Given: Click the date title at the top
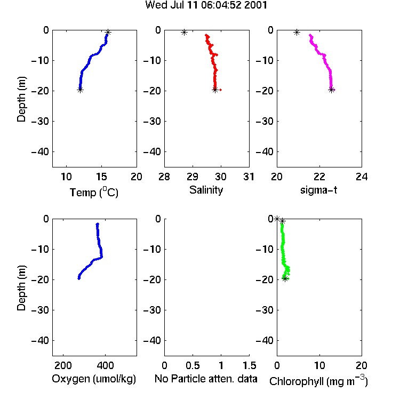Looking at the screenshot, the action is coord(206,5).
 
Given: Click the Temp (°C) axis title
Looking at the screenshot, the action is coord(94,192).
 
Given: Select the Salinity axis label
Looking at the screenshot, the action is coord(206,190).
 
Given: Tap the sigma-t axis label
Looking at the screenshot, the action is coord(318,190).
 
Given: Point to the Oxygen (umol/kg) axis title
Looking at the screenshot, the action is coord(94,379).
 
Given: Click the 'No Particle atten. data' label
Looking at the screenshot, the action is coord(206,379).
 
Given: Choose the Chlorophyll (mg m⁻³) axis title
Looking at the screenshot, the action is coord(318,381).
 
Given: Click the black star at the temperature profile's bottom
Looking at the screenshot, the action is coord(80,90).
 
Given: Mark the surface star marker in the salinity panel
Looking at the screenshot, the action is coord(184,33).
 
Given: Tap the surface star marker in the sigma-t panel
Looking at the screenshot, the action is coord(297,33).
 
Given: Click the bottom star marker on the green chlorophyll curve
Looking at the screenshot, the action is coord(285,278).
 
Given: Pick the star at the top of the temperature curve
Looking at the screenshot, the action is coord(108,33).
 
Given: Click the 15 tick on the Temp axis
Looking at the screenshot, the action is coord(101,177).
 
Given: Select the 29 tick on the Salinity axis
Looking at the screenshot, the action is coord(193,177).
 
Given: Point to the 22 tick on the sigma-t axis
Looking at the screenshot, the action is coord(319,177).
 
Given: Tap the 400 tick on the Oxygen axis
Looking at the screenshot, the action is coord(106,365).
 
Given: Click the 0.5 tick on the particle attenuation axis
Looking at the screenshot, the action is coord(193,365).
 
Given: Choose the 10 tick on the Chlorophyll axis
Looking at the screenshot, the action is coord(319,365).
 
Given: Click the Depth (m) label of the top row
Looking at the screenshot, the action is coord(21,99).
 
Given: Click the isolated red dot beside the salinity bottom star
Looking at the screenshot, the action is coord(220,90).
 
